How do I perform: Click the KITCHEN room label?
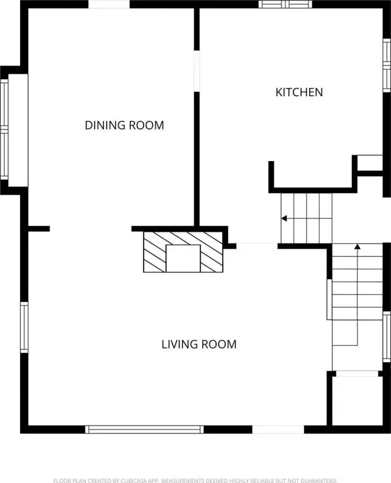click(x=299, y=92)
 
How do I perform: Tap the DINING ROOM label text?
click(x=124, y=125)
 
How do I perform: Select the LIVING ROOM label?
click(x=199, y=344)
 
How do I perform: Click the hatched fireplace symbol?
click(x=183, y=252)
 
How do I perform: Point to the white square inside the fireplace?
click(x=183, y=258)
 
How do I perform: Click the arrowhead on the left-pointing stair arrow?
click(x=284, y=218)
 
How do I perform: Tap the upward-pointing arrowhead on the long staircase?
click(x=358, y=247)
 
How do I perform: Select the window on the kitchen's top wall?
click(x=285, y=4)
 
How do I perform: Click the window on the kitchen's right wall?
click(x=387, y=65)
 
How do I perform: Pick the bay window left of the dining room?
click(x=4, y=130)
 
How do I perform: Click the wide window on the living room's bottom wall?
click(x=144, y=430)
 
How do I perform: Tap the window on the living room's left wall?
click(x=24, y=327)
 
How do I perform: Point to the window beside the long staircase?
click(x=387, y=336)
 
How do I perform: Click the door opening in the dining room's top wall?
click(x=109, y=4)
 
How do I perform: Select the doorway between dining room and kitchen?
click(x=196, y=71)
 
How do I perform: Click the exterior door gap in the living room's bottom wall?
click(x=278, y=430)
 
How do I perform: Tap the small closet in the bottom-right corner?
click(x=357, y=401)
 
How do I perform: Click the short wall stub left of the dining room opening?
click(x=39, y=228)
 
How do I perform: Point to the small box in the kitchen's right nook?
click(x=370, y=163)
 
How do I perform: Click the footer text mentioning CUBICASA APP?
click(x=195, y=480)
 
